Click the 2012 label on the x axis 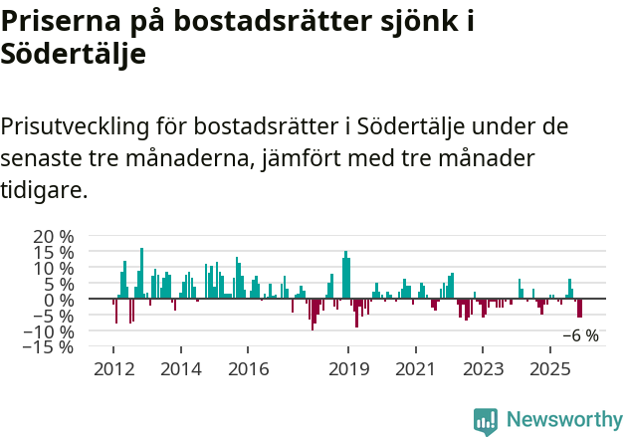click(112, 369)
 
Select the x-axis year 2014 click(180, 369)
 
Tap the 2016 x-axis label click(248, 369)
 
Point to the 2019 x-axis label click(348, 369)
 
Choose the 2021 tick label click(416, 369)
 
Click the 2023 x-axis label click(483, 369)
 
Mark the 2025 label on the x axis click(550, 369)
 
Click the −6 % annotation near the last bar click(580, 335)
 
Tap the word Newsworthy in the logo click(563, 419)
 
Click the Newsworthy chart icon click(486, 420)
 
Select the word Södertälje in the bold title click(74, 55)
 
